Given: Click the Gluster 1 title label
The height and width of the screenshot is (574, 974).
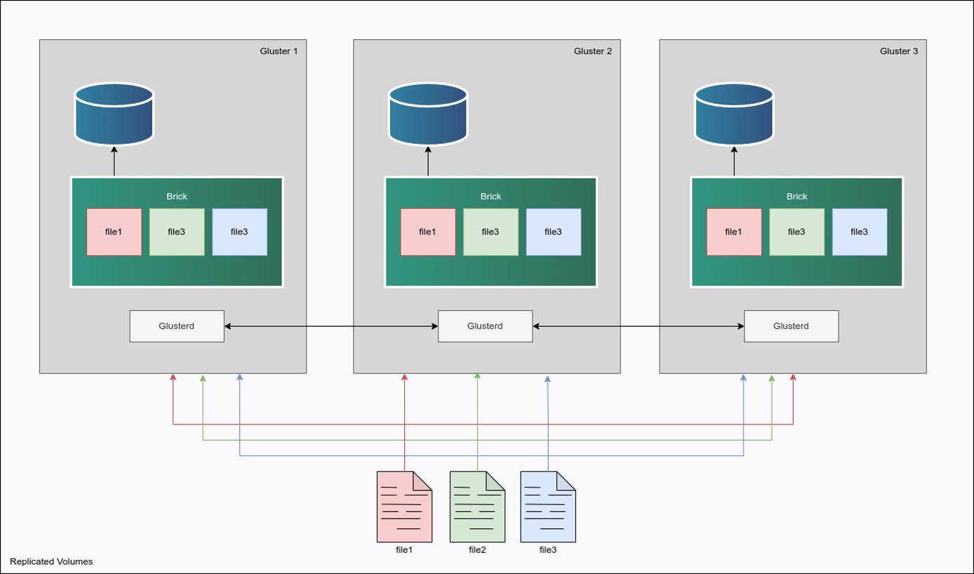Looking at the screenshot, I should (279, 51).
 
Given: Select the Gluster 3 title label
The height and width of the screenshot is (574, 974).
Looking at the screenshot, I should (898, 51).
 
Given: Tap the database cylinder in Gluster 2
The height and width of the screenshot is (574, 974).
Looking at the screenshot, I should (428, 114).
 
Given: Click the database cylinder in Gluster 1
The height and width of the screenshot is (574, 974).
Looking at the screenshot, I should (114, 114).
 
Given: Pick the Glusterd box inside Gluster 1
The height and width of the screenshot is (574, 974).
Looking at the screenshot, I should (177, 326).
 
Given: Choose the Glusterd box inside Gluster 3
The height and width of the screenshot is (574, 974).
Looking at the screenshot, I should (791, 326).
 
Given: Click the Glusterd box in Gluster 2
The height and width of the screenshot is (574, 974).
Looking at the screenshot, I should (485, 326).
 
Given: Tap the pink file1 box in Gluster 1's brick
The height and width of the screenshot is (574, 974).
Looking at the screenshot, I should (114, 232).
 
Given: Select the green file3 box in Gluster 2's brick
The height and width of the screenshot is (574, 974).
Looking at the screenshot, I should (491, 232).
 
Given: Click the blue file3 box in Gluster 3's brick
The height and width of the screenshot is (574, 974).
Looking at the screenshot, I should (859, 232).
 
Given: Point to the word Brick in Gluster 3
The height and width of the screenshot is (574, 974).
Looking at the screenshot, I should (796, 196).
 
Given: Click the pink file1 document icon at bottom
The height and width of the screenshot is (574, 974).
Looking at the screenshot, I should (404, 507).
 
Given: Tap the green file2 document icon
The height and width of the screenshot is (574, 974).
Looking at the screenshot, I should (477, 507).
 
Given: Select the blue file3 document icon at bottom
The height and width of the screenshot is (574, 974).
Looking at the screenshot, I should (548, 507).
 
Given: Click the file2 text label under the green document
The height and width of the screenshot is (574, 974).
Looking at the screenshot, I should (477, 550).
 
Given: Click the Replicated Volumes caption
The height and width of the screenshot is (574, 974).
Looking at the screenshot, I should (51, 561).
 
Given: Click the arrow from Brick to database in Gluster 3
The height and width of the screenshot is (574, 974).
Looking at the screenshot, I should (734, 161).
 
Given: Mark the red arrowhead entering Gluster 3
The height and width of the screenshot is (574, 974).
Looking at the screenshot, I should (793, 378).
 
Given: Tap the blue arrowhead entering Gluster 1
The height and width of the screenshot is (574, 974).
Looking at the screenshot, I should (240, 378).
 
